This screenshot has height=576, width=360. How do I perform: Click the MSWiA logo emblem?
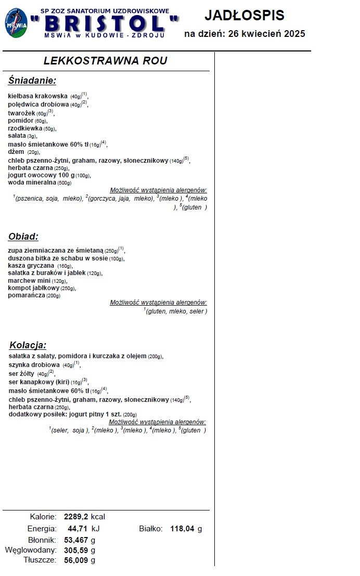tap(16, 23)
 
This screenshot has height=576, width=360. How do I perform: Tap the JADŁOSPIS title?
tap(245, 16)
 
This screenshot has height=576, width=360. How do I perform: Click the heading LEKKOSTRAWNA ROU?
tap(105, 61)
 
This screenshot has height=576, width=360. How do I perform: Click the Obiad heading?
tap(23, 237)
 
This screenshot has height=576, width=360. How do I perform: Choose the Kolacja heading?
tap(28, 345)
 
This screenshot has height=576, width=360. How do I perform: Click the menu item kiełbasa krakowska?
tap(38, 96)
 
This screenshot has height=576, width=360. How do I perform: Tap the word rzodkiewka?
tap(25, 128)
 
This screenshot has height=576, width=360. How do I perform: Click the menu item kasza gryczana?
tap(31, 266)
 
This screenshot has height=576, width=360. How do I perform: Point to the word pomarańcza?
tap(27, 295)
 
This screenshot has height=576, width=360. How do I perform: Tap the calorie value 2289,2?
tap(76, 517)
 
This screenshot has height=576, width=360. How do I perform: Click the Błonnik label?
tap(42, 540)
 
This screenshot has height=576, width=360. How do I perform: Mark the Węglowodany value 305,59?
tap(76, 550)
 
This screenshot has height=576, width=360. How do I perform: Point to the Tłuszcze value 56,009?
tap(76, 560)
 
